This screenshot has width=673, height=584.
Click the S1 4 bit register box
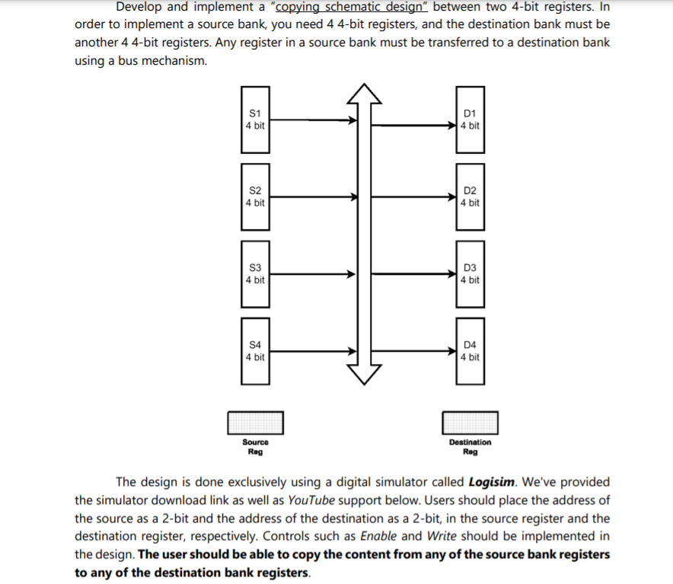[x=256, y=120]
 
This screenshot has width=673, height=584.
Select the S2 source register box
[x=256, y=196]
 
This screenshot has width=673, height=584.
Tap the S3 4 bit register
[x=256, y=274]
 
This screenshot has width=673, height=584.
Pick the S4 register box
[x=256, y=351]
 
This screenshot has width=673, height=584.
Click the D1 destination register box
[x=470, y=120]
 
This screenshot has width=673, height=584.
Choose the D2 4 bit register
[x=470, y=196]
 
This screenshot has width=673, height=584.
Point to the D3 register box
[x=470, y=274]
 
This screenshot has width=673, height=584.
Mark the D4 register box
[x=470, y=351]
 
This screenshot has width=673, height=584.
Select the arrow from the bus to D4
[x=419, y=352]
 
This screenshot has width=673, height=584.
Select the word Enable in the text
[x=378, y=536]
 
